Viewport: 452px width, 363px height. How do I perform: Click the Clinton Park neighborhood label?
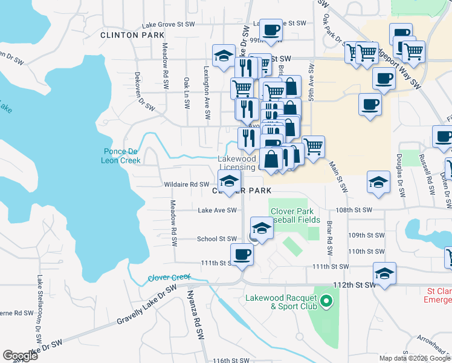click(x=131, y=36)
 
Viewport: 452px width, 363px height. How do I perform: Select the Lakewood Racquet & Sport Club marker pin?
click(x=327, y=300)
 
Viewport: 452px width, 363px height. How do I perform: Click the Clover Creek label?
click(x=169, y=278)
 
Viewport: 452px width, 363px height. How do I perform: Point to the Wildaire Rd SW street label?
click(x=187, y=185)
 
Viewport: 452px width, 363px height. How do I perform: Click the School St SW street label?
click(x=216, y=239)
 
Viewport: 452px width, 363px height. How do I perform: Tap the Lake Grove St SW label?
click(x=169, y=25)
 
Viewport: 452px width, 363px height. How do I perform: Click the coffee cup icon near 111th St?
click(x=242, y=254)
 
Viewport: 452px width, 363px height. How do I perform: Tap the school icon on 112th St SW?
click(x=384, y=273)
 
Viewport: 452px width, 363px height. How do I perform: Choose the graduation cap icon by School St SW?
click(x=262, y=228)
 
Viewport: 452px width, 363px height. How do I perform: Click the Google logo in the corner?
click(x=20, y=356)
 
